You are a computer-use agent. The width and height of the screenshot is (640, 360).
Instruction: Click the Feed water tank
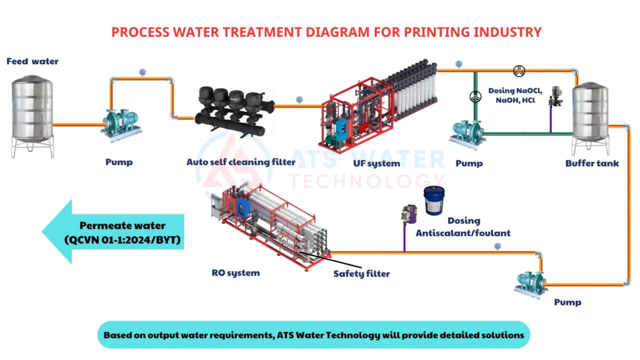coord(32,116)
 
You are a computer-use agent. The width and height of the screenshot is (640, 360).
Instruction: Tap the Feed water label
coord(32,61)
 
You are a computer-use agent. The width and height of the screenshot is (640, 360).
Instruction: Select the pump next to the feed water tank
coord(121,125)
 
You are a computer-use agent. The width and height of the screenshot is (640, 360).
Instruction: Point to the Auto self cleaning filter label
coord(241,162)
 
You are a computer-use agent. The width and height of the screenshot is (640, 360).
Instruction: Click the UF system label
coord(376,163)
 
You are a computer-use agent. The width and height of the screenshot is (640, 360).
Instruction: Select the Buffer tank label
coord(592,163)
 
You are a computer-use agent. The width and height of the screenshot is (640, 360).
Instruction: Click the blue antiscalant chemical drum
coord(434,201)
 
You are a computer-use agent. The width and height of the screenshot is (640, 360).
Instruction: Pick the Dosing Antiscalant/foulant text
coord(463,227)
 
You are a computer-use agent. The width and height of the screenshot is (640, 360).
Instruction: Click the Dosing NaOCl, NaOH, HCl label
coord(515,96)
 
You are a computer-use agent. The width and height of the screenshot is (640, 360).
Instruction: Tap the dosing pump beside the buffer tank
coord(556,97)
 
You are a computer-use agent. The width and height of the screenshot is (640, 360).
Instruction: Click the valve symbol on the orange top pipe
coord(519,71)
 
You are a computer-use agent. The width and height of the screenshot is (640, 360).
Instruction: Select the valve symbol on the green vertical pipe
coord(475,97)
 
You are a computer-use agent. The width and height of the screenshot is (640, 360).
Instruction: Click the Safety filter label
coord(361,274)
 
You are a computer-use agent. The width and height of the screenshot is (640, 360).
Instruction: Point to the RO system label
coord(236,272)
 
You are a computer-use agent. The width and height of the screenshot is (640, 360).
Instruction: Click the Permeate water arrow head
coord(57,231)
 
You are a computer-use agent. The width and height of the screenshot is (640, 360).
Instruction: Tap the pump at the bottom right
coord(530,284)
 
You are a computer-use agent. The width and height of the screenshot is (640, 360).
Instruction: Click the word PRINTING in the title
coord(437,32)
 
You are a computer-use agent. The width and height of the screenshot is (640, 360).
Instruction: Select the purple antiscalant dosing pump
coord(409,214)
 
